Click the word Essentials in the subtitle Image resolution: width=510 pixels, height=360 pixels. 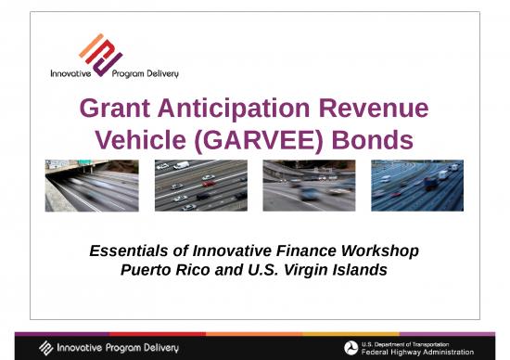coord(130,251)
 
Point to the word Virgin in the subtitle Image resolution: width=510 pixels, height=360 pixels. coord(310,270)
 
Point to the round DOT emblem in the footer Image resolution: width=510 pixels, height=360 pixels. coord(351,348)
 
